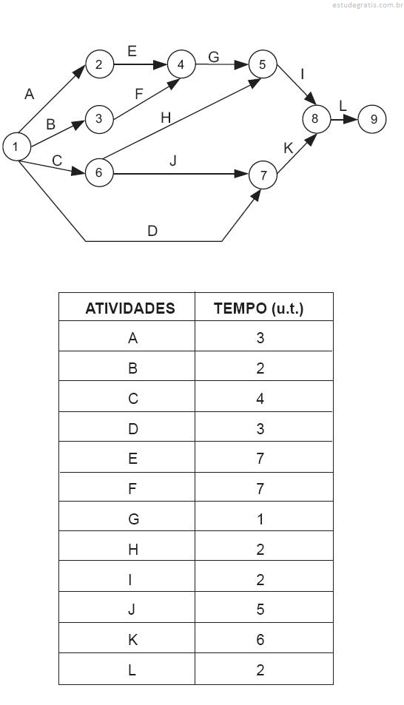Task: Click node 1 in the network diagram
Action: pyautogui.click(x=16, y=146)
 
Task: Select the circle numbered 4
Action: pyautogui.click(x=181, y=64)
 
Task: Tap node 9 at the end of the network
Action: pyautogui.click(x=372, y=119)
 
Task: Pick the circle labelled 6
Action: pyautogui.click(x=99, y=172)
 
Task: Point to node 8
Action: pyautogui.click(x=316, y=118)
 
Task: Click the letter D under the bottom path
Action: pyautogui.click(x=152, y=231)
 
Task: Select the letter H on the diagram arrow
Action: pyautogui.click(x=166, y=118)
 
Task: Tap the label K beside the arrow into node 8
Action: pyautogui.click(x=289, y=149)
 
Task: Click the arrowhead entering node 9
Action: pyautogui.click(x=351, y=120)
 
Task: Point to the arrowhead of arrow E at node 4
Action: pyautogui.click(x=159, y=64)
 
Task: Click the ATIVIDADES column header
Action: pyautogui.click(x=130, y=308)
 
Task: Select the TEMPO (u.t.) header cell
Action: pyautogui.click(x=259, y=308)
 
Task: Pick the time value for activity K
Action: pyautogui.click(x=260, y=640)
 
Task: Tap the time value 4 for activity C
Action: pyautogui.click(x=260, y=399)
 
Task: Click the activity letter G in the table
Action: pyautogui.click(x=133, y=519)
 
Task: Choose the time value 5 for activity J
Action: pyautogui.click(x=260, y=610)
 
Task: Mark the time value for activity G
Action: pyautogui.click(x=260, y=519)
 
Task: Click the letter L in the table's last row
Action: pyautogui.click(x=132, y=670)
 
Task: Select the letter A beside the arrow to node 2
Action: pyautogui.click(x=30, y=95)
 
